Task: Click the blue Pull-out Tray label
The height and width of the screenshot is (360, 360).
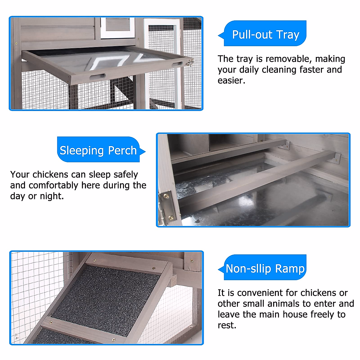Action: coord(265,34)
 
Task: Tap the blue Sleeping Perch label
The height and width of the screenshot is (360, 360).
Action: coord(98,150)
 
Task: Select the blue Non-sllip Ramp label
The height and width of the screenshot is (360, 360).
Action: coord(265,268)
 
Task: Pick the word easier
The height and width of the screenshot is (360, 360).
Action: coord(231,80)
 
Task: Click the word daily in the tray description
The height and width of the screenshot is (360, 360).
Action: coord(250,70)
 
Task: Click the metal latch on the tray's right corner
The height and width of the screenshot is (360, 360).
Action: coord(190,62)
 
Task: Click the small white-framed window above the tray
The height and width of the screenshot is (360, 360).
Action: coord(118,28)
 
